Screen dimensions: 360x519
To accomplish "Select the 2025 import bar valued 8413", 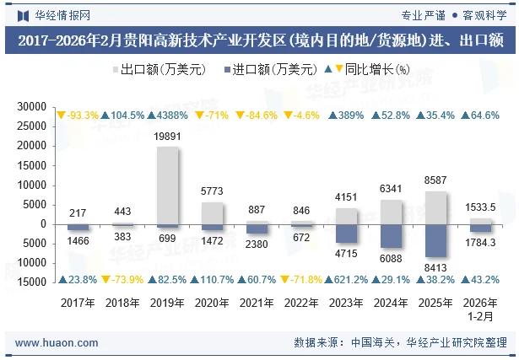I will (436, 241).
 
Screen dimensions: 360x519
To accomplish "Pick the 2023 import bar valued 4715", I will (347, 234).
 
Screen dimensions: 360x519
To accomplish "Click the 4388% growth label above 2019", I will (168, 115).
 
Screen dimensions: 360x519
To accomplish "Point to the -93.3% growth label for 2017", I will (78, 115).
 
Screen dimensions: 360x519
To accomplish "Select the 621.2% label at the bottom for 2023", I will (347, 279).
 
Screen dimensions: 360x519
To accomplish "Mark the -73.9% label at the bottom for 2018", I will (123, 279).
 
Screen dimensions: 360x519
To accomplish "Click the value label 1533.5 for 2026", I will (481, 207).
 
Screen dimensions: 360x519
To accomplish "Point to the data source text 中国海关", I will (373, 342).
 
